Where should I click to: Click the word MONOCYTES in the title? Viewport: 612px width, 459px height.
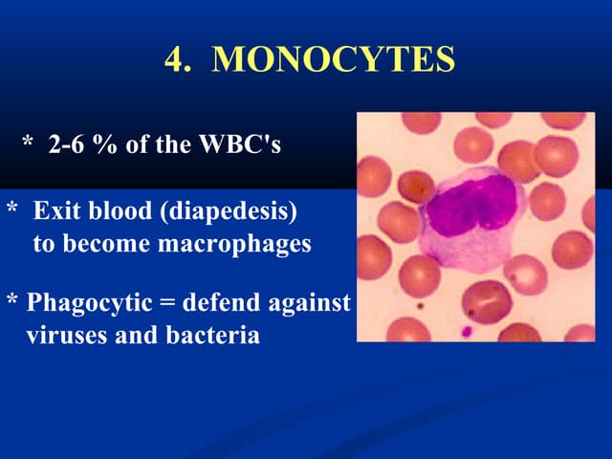pos(333,59)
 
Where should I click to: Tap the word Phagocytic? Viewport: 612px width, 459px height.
pos(88,304)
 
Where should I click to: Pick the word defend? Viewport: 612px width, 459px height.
pos(217,304)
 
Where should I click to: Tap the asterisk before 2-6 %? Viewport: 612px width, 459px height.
pos(28,143)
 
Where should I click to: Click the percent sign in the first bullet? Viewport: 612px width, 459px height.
pos(102,145)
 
